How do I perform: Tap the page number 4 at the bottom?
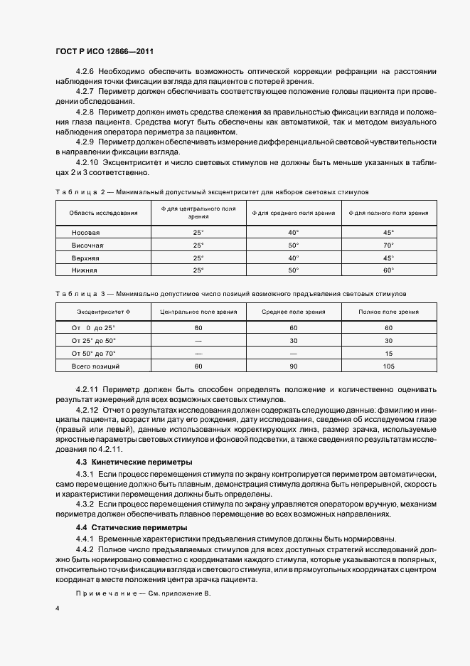(57, 609)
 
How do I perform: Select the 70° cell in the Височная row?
(388, 245)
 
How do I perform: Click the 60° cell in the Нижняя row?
(388, 270)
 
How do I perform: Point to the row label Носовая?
(86, 233)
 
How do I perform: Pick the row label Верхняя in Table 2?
(86, 258)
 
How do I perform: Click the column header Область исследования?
(103, 213)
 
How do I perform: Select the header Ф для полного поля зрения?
(388, 213)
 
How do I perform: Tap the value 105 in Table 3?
(388, 366)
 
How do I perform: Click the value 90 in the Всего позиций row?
(294, 366)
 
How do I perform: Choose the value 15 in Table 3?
(388, 353)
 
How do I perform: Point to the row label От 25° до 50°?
(94, 340)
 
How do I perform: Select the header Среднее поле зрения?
(294, 312)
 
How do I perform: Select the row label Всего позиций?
(95, 366)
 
